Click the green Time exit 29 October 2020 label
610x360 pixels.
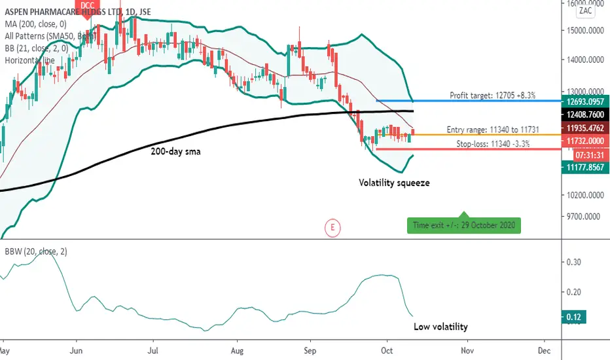pos(464,226)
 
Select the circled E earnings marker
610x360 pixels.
pos(332,228)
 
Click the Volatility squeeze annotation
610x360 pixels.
pos(394,183)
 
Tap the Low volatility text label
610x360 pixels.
pos(440,326)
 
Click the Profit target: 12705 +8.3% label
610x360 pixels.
pos(493,95)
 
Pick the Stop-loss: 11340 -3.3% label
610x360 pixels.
pos(493,143)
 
